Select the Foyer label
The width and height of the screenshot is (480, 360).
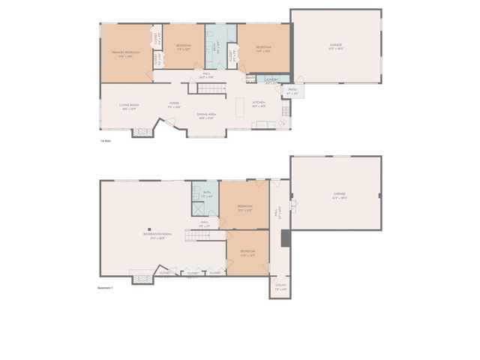(x=174, y=105)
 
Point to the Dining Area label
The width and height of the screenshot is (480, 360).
(x=206, y=115)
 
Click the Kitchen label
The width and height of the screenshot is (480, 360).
(x=259, y=103)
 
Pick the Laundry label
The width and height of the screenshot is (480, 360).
(x=271, y=79)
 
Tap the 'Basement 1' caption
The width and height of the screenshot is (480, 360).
(x=105, y=287)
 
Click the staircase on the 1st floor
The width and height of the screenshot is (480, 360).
(x=206, y=88)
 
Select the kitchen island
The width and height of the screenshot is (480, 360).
(x=239, y=107)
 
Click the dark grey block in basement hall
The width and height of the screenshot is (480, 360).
(x=285, y=238)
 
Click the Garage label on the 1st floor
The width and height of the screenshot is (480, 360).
(x=335, y=46)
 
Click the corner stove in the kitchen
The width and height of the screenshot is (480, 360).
(x=283, y=122)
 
